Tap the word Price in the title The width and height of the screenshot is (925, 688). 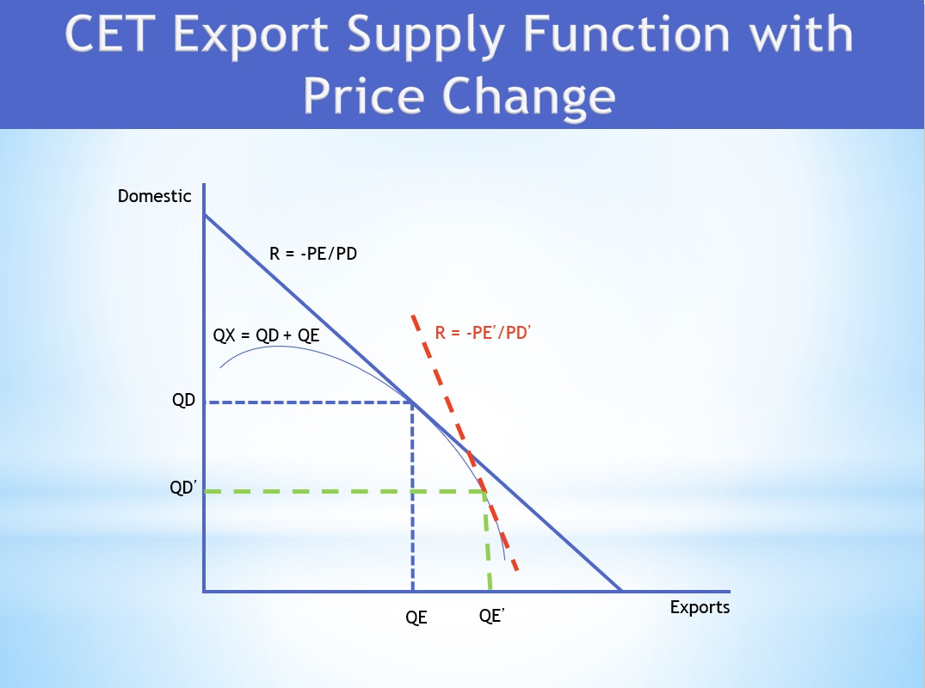370,95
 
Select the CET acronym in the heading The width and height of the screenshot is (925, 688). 114,36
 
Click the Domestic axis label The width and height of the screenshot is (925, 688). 155,196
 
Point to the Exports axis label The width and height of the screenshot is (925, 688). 700,607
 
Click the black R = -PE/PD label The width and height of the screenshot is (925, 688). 313,254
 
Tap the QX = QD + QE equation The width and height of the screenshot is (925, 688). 267,335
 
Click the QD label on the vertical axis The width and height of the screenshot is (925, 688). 184,402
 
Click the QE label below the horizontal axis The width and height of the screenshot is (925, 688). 416,617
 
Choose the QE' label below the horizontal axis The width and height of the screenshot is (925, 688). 490,617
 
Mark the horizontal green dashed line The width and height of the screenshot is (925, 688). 344,491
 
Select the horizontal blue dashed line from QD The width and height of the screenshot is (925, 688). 310,402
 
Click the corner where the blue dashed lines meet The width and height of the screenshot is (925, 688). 413,402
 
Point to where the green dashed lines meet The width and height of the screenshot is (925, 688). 484,491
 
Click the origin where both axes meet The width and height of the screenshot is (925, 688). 205,591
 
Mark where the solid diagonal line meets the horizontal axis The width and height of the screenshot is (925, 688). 620,591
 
